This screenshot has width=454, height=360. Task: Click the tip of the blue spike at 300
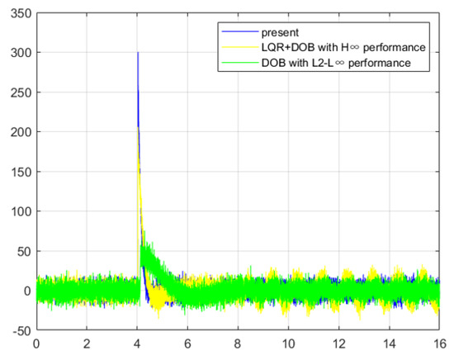point(138,53)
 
